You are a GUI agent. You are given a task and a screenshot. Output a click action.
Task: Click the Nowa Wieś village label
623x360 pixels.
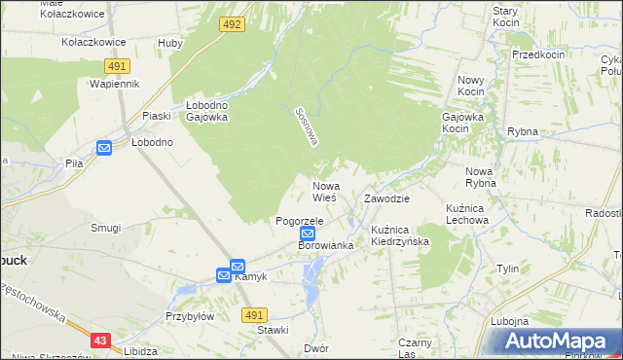click(324, 191)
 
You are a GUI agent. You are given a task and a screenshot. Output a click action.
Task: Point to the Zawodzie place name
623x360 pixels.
click(386, 198)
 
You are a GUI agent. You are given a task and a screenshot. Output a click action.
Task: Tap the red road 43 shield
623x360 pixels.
click(101, 341)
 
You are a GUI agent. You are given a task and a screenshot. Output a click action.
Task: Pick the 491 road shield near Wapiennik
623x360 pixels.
click(116, 65)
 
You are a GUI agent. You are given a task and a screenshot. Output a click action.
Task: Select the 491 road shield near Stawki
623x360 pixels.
click(254, 315)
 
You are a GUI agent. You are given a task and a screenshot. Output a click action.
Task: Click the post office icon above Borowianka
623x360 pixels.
click(308, 234)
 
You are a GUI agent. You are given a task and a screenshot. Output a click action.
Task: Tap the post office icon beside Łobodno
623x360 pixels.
click(104, 148)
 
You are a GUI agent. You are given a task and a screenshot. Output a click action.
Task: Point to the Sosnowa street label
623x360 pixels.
click(307, 126)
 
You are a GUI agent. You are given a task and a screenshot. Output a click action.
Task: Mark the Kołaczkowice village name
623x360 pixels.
click(93, 43)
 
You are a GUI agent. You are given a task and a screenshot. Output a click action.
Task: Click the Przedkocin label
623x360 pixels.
click(538, 55)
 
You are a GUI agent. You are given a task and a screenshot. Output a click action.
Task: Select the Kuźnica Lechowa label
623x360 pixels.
click(466, 214)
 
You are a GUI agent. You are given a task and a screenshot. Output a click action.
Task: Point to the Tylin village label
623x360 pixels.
click(507, 269)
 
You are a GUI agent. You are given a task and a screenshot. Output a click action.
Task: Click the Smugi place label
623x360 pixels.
click(105, 228)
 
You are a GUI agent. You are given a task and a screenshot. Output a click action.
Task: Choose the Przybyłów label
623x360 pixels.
click(189, 316)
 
